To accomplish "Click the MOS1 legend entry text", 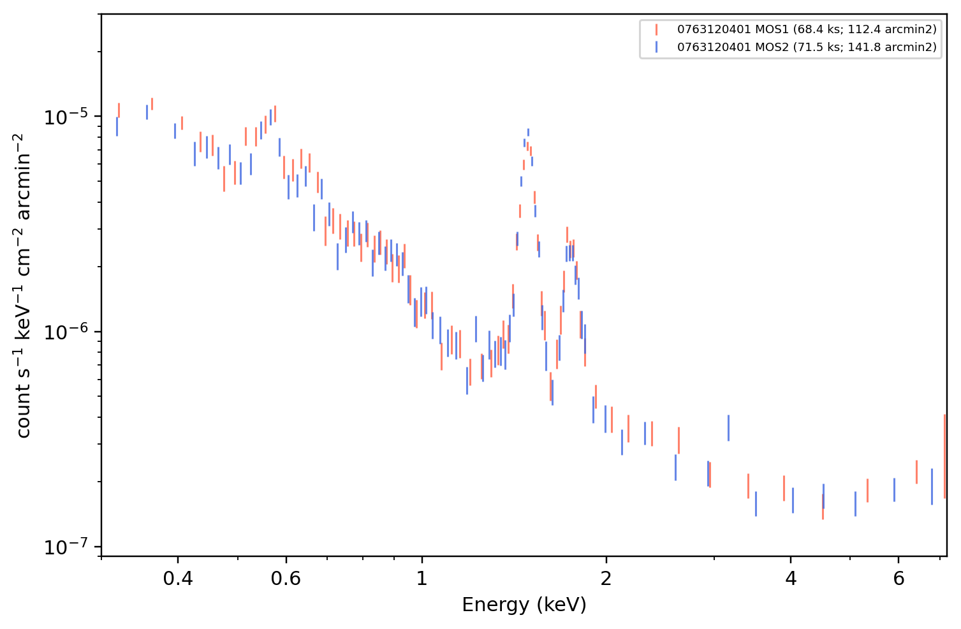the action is coord(807,29).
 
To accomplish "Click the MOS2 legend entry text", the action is coord(807,47).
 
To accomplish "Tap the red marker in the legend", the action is coord(656,29).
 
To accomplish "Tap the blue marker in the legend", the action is coord(656,47).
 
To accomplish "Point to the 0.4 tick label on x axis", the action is coord(178,579).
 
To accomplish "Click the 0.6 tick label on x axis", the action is coord(286,579).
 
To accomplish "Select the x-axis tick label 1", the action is coord(422,579).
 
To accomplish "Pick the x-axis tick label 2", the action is coord(606,579).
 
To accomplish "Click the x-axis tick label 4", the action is coord(791,579).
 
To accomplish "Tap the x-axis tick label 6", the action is coord(899,579).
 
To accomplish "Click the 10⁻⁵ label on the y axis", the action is coord(66,117).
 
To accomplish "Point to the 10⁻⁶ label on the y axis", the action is coord(66,332).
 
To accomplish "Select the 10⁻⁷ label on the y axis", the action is coord(66,547).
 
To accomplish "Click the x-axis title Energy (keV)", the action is coord(524,605).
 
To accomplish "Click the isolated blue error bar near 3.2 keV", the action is coord(728,428).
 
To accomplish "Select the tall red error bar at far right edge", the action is coord(944,456).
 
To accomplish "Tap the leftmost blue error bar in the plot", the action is coord(117,126).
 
